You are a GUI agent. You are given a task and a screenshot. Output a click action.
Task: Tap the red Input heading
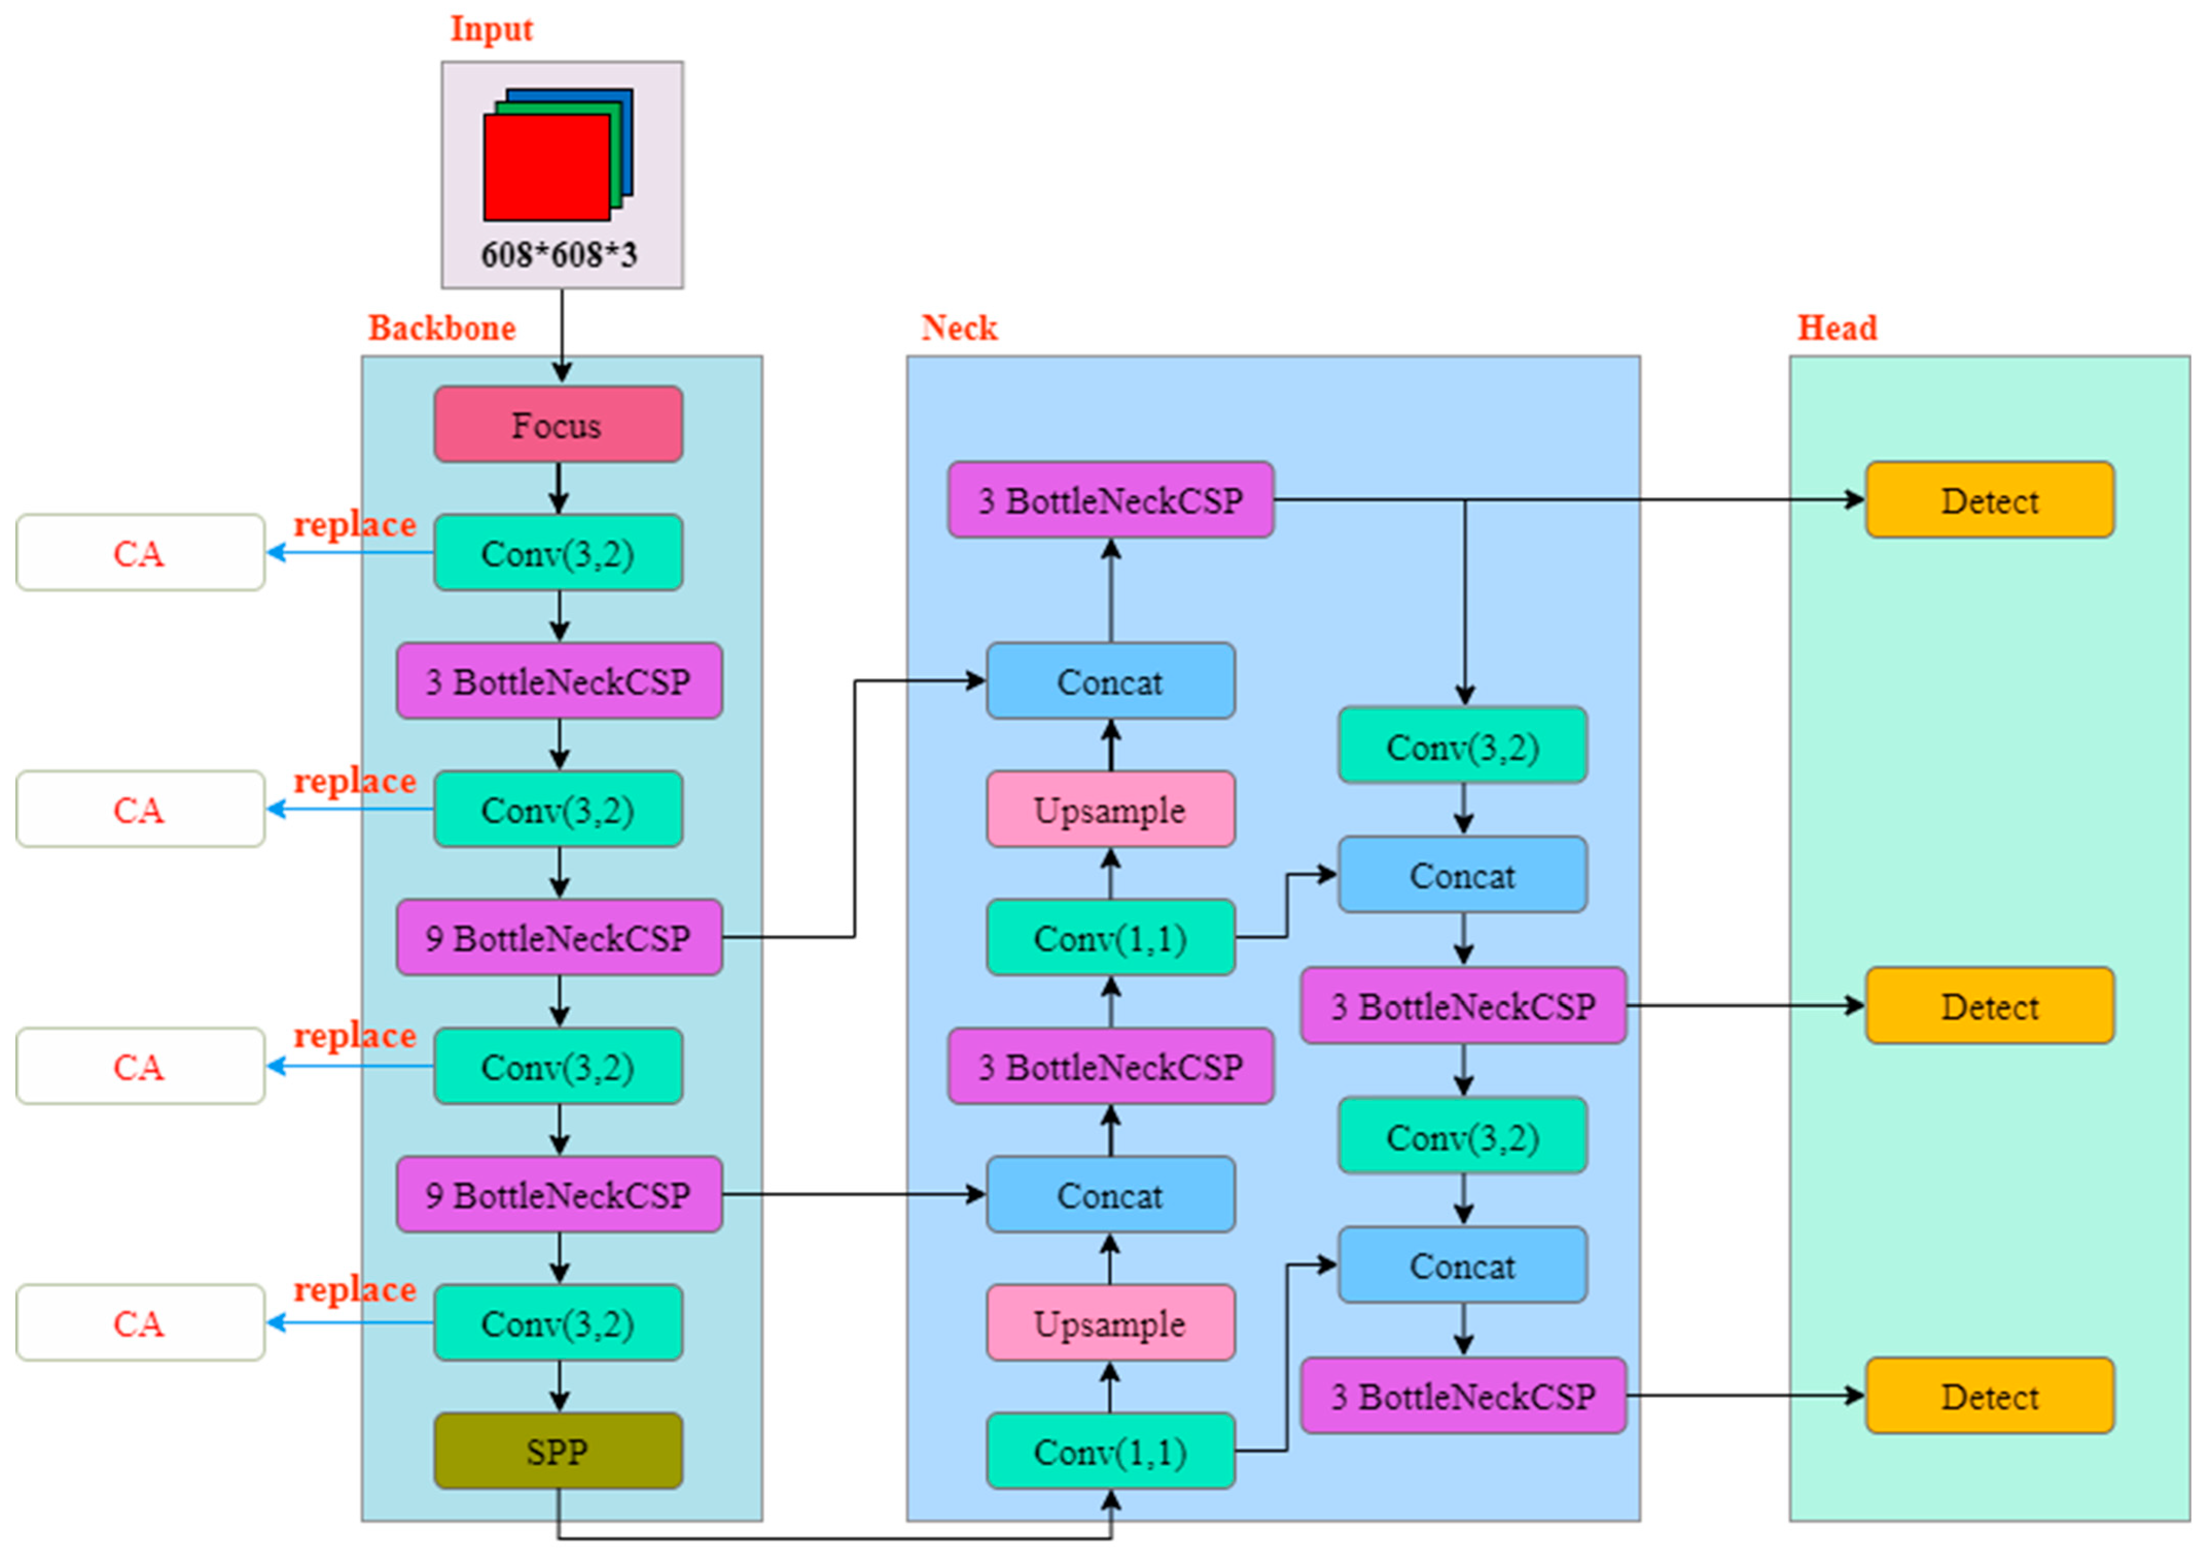tap(491, 29)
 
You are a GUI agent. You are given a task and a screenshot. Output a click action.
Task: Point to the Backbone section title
tap(442, 329)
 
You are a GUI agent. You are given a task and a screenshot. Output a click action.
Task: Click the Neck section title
tap(959, 329)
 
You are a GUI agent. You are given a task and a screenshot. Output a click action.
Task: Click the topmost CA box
tap(139, 553)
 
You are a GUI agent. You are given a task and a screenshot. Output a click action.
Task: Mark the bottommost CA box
tap(139, 1323)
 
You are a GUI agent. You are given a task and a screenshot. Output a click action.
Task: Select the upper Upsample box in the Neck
tap(1110, 810)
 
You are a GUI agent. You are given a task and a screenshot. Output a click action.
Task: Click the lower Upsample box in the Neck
tap(1110, 1323)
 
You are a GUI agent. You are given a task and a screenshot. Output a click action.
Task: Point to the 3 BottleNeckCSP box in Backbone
tap(559, 682)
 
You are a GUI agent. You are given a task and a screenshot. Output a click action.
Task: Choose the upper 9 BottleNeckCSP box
tap(559, 938)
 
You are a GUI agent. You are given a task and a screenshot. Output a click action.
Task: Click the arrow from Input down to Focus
tap(562, 332)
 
